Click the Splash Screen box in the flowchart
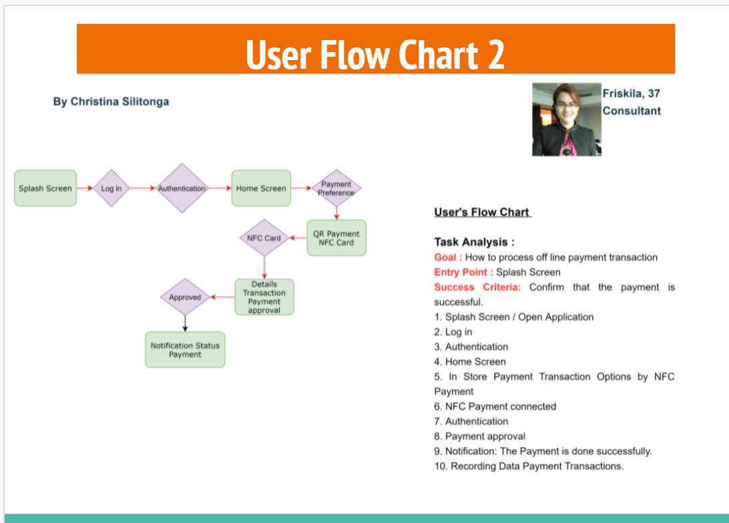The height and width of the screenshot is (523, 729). [x=45, y=188]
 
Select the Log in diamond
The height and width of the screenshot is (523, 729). [x=111, y=188]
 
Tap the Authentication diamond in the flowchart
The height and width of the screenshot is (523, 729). [x=182, y=188]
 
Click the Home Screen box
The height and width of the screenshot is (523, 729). [x=261, y=188]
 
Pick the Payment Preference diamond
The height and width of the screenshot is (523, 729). [x=336, y=188]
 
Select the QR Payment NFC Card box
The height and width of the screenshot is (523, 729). [x=336, y=238]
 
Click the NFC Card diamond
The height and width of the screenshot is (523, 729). [x=264, y=238]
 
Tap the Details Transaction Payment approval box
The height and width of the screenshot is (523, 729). [x=264, y=297]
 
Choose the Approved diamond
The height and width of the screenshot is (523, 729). [x=185, y=297]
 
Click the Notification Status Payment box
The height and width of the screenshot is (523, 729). [x=185, y=350]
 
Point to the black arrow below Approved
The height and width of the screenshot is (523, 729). [x=185, y=323]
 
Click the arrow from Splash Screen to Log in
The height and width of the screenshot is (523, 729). [x=85, y=188]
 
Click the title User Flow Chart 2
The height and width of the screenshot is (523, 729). [x=375, y=54]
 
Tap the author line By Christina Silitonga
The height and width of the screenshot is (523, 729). [x=111, y=102]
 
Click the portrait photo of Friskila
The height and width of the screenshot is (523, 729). [x=566, y=120]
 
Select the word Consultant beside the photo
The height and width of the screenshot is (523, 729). [x=631, y=111]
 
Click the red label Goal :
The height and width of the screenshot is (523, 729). [x=448, y=257]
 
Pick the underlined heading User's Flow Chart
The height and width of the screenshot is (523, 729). [x=482, y=212]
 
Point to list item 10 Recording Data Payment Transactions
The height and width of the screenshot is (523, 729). [x=529, y=466]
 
